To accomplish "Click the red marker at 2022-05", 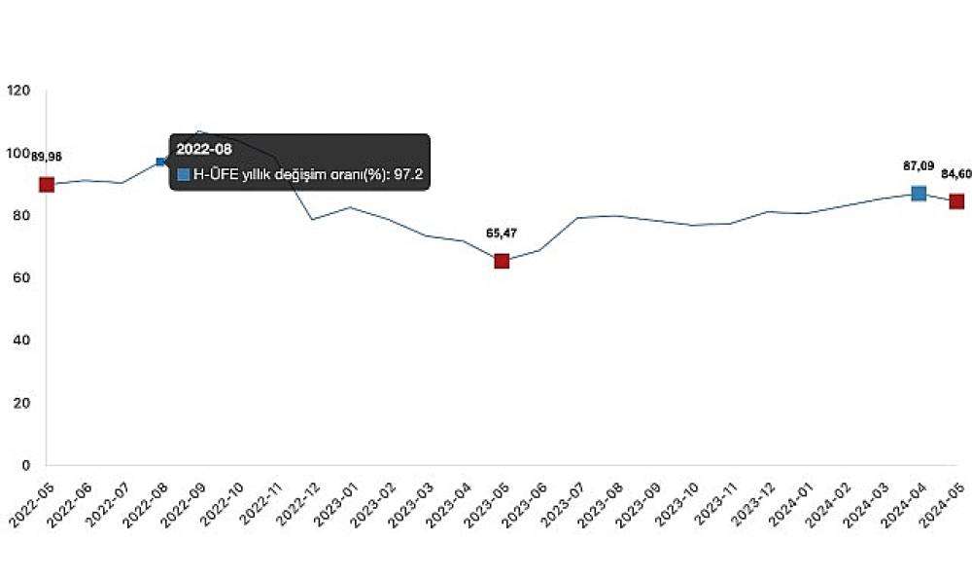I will click(x=47, y=185).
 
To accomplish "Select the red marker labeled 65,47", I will click(x=502, y=261).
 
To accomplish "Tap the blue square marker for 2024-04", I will click(x=919, y=194).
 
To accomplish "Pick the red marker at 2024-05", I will click(x=956, y=201).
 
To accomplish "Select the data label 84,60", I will click(x=955, y=174).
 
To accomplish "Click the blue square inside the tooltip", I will click(x=184, y=175).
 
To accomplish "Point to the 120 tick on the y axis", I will click(x=18, y=91).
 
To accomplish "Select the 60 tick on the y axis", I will click(x=22, y=278).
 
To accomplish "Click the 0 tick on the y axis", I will click(x=26, y=465).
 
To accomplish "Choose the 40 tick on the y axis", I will click(x=22, y=341).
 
